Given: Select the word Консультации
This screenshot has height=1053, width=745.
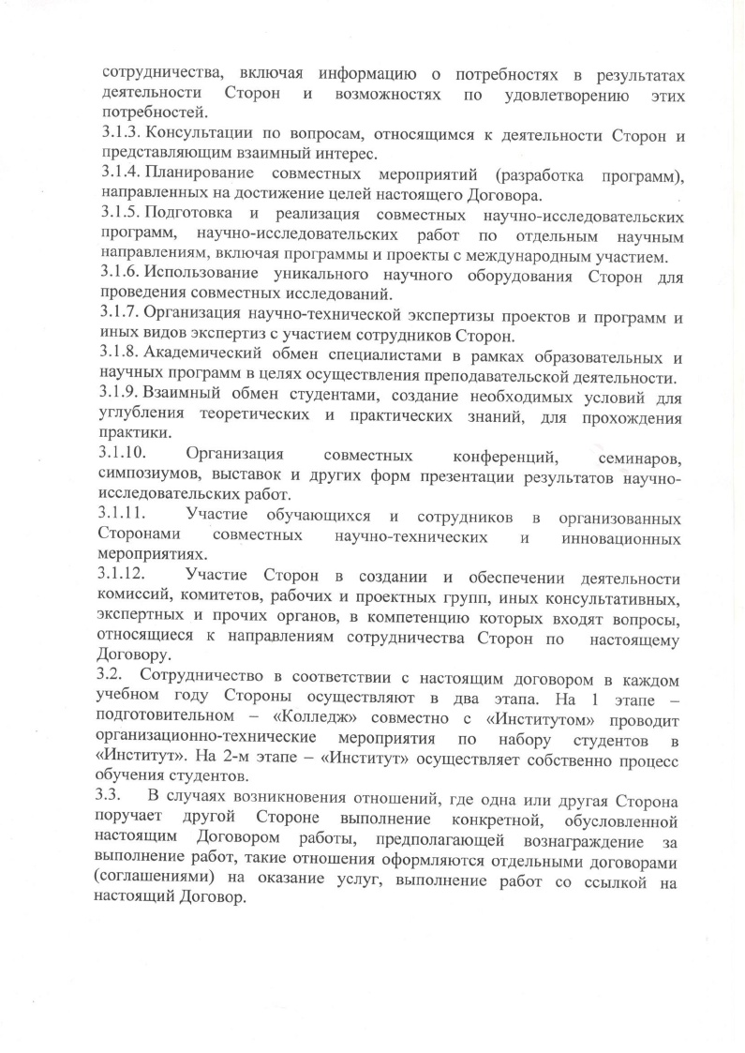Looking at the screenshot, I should [201, 137].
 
